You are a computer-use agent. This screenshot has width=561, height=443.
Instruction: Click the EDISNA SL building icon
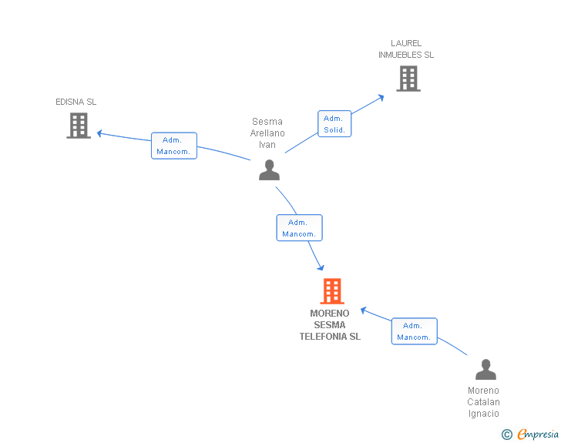coord(79,126)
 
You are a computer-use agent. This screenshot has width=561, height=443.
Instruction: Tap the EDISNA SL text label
coord(76,102)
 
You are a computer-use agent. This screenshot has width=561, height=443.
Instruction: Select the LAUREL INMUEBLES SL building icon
coord(408,79)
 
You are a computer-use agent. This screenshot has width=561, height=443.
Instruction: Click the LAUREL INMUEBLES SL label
coord(406,49)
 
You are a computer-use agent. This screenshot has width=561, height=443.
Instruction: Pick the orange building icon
coord(332,291)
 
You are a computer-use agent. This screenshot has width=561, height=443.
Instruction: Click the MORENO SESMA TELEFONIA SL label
coord(330,325)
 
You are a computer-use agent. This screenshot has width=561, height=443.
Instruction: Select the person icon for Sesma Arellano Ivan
coord(269,169)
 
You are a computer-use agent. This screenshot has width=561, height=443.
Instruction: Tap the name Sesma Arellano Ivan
coord(267,133)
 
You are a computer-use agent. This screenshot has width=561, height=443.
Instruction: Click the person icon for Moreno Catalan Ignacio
coord(485,370)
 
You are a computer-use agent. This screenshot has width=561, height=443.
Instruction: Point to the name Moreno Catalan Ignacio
coord(484,402)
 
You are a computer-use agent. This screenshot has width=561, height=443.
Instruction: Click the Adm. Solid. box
coord(334,124)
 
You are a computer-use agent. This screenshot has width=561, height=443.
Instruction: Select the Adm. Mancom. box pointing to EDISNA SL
coord(174,146)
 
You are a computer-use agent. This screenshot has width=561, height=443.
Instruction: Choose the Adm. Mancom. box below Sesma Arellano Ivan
coord(299,228)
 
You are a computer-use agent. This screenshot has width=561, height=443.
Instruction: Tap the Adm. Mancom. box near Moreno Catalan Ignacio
coord(415,331)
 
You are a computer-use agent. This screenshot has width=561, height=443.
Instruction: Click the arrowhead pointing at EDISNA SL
coord(99,133)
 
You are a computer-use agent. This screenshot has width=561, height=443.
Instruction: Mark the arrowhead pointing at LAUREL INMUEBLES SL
coord(381,97)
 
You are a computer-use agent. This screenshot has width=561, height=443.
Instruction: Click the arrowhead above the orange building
coord(321,267)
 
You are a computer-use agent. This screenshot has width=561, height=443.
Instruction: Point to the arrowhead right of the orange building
coord(364,310)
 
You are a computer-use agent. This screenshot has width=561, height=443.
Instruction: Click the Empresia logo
coord(538,435)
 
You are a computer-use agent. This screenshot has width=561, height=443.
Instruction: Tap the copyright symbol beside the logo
coord(506,435)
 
